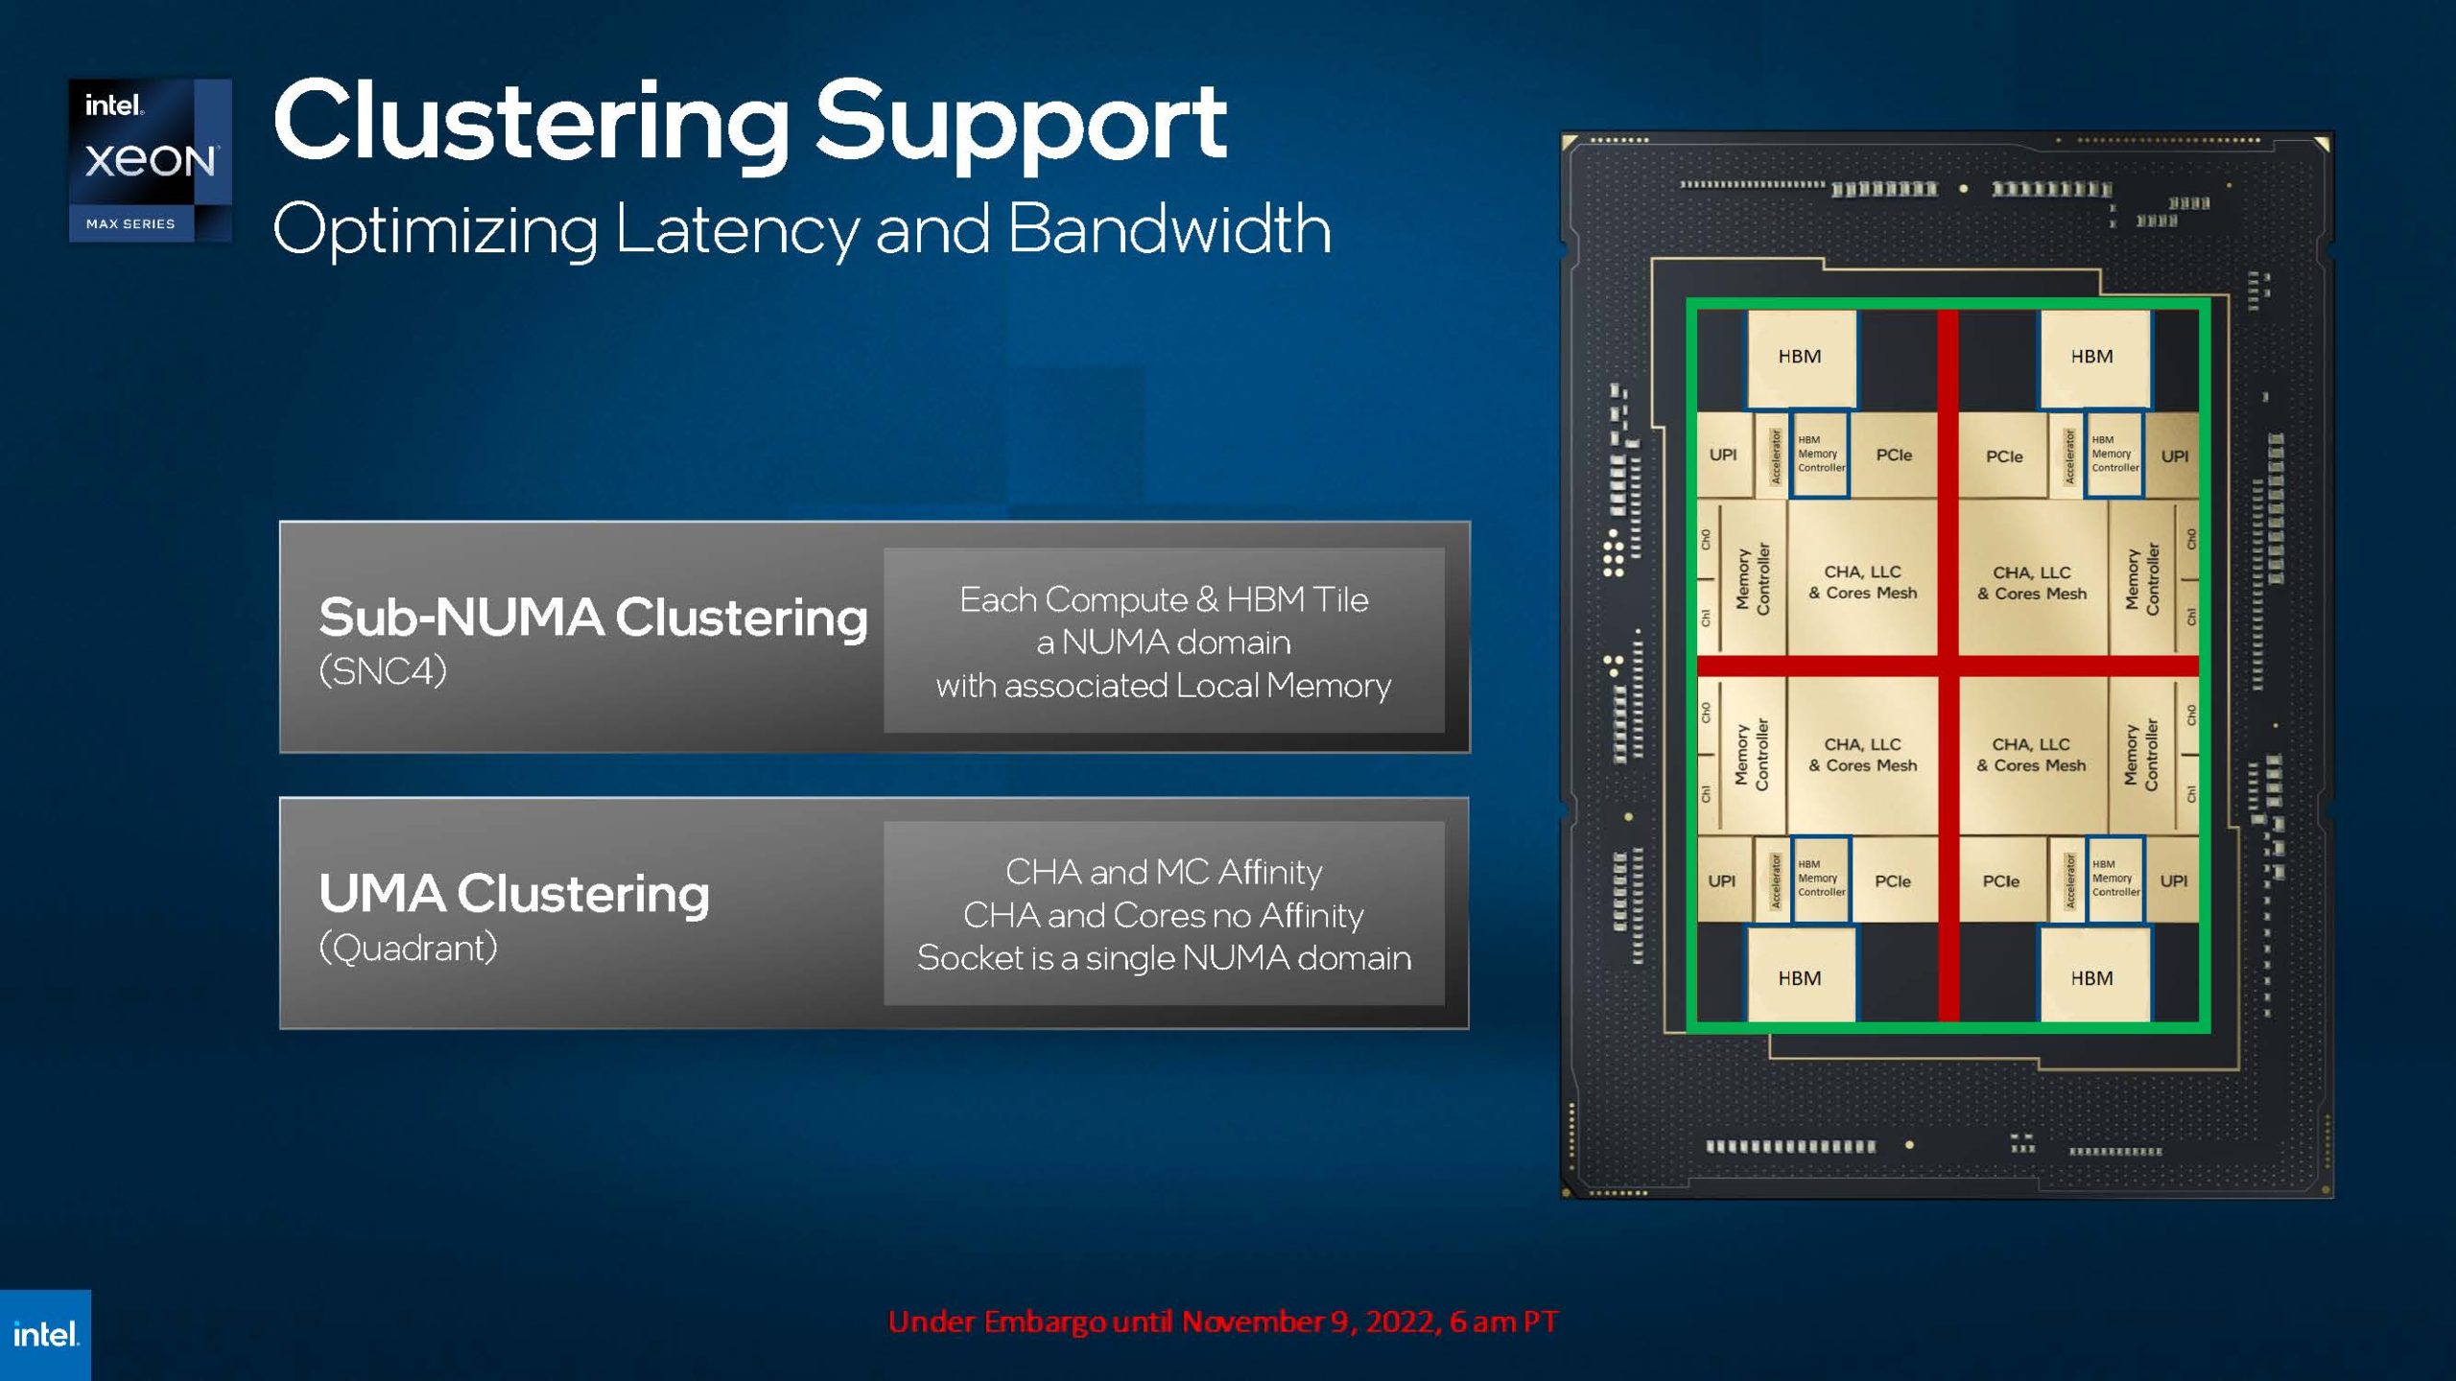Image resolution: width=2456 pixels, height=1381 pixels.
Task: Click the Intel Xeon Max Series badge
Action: (150, 160)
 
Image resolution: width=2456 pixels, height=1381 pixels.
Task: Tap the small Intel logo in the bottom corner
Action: (45, 1334)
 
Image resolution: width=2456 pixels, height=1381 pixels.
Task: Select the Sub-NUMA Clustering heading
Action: (593, 617)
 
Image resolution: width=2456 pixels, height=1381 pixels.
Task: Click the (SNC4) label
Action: (383, 670)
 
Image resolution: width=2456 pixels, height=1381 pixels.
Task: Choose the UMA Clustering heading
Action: (513, 893)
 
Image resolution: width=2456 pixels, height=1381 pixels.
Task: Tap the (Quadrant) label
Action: (408, 948)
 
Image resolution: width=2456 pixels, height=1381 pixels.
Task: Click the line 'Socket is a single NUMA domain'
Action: (1164, 957)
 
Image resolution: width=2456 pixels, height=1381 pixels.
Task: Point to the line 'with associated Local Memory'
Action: (1164, 685)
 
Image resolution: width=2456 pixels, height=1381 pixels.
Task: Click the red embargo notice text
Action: (1223, 1322)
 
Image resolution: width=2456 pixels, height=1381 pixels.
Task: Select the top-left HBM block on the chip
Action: (1800, 357)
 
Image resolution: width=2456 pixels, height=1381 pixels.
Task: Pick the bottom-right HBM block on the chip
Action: (2091, 978)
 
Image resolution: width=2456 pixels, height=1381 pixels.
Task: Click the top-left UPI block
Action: (1723, 455)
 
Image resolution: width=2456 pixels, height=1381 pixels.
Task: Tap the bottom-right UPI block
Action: (2174, 880)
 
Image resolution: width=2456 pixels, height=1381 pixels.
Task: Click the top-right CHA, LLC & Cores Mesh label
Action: (2032, 582)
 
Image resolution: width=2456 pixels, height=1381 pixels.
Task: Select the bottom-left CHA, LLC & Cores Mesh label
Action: (1863, 755)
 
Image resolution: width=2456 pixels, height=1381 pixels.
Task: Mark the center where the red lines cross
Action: (1948, 665)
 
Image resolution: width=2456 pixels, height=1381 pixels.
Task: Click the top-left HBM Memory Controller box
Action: (1820, 454)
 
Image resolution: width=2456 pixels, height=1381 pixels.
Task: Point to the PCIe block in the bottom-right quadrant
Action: (2001, 880)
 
